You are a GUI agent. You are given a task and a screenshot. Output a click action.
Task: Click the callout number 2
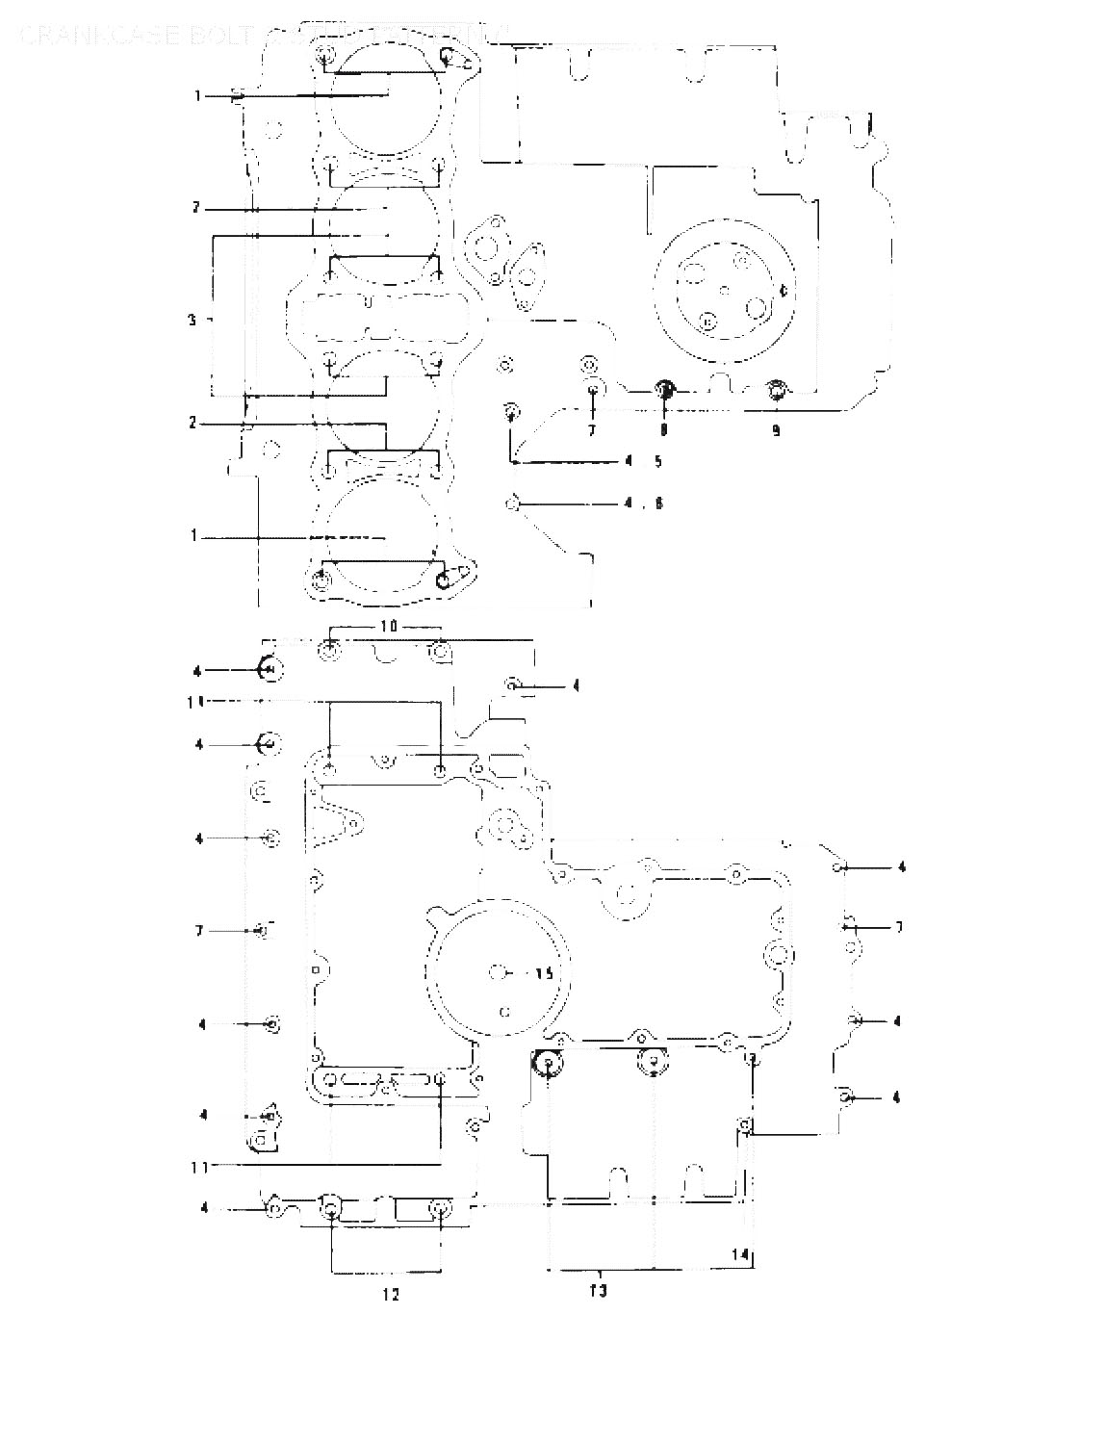(x=193, y=423)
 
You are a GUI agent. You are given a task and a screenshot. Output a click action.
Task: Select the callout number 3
(x=193, y=319)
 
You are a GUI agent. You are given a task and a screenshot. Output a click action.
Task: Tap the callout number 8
(x=663, y=430)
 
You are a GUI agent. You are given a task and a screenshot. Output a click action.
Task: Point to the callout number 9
(x=776, y=430)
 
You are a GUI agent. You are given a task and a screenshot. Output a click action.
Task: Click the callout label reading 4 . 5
(x=643, y=462)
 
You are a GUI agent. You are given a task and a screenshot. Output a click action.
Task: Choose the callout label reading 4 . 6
(x=643, y=503)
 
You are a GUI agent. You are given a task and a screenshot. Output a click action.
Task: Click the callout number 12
(x=390, y=1295)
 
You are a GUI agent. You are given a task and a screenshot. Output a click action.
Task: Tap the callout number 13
(x=598, y=1291)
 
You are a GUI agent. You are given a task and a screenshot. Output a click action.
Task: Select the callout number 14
(x=739, y=1254)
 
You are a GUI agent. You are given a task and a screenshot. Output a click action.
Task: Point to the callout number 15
(x=544, y=973)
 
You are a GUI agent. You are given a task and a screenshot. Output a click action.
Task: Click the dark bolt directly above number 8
(x=663, y=390)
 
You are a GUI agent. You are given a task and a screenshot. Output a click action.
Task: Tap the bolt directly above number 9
(x=776, y=390)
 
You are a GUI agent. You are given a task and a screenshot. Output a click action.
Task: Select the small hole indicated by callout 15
(x=497, y=972)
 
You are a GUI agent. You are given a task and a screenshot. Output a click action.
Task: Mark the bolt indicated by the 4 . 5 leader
(x=512, y=412)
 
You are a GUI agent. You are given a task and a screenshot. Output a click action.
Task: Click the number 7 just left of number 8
(x=593, y=430)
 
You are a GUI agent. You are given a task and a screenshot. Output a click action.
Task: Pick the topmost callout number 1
(x=196, y=95)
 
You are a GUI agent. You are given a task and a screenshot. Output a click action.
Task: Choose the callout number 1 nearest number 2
(x=193, y=535)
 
